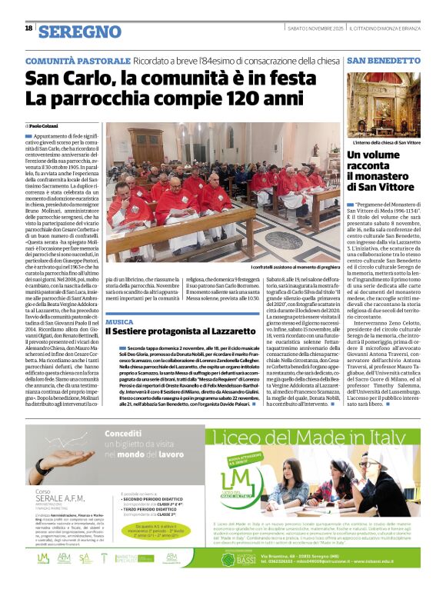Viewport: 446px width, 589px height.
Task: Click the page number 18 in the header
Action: point(28,28)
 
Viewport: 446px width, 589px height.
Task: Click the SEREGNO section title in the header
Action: point(80,32)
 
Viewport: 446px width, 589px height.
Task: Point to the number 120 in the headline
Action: point(245,98)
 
